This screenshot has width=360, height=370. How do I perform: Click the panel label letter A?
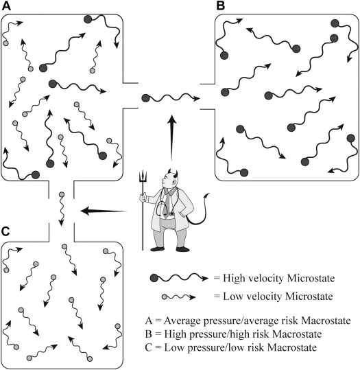coord(6,6)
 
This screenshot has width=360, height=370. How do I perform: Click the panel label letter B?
coord(220,6)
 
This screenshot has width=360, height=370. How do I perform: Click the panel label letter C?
coord(5,231)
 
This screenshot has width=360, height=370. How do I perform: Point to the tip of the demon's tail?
coord(208,194)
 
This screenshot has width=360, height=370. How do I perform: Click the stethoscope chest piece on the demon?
coord(171,213)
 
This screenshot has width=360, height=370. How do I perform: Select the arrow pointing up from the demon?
coord(172,138)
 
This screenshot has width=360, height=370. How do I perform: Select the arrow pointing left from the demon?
coord(104,211)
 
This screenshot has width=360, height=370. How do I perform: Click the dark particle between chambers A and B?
coord(145,98)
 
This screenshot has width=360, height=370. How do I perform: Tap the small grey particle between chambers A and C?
coord(62,195)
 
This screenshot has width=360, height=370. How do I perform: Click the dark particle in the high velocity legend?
coord(154,278)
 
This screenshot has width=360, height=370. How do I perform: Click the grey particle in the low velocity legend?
coord(165,297)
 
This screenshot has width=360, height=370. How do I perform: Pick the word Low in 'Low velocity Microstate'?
coord(231,296)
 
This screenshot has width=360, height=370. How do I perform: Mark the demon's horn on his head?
coord(176,174)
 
